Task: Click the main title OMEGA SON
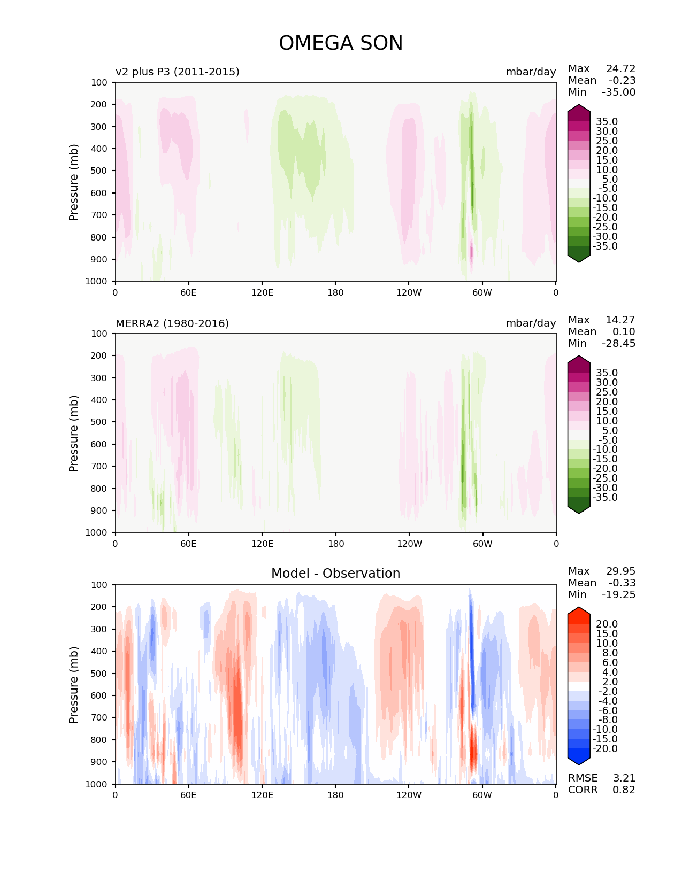click(341, 43)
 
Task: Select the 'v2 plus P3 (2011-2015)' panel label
click(177, 72)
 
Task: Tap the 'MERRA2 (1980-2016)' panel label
click(172, 323)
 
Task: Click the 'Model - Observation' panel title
click(335, 574)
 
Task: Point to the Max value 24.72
click(620, 68)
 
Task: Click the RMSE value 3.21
click(624, 778)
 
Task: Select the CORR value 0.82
click(624, 790)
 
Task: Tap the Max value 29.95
click(620, 571)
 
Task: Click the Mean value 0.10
click(624, 331)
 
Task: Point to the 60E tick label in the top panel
click(188, 292)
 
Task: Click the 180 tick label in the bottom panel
click(335, 795)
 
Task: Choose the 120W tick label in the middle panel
click(409, 544)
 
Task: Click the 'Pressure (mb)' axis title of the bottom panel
click(74, 684)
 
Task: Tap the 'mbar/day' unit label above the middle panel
click(531, 323)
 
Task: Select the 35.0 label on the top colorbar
click(607, 121)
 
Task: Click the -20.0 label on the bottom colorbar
click(605, 748)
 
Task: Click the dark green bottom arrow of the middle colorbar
click(579, 508)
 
